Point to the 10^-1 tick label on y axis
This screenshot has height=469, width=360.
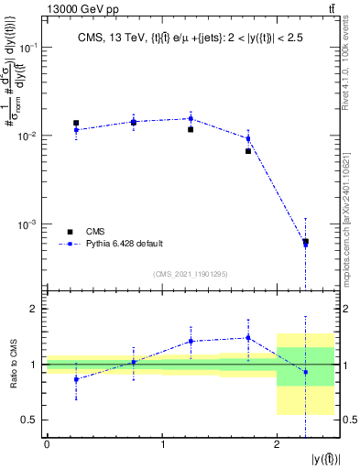[x=30, y=47]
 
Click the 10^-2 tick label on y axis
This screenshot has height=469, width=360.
[x=30, y=136]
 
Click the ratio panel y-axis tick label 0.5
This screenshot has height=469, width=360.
[x=29, y=420]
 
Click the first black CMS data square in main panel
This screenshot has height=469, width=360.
[x=76, y=123]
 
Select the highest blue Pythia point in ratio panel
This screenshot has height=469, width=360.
[x=248, y=338]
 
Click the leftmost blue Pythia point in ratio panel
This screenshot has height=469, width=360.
[x=76, y=379]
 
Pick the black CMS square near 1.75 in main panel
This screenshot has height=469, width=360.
[x=248, y=151]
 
